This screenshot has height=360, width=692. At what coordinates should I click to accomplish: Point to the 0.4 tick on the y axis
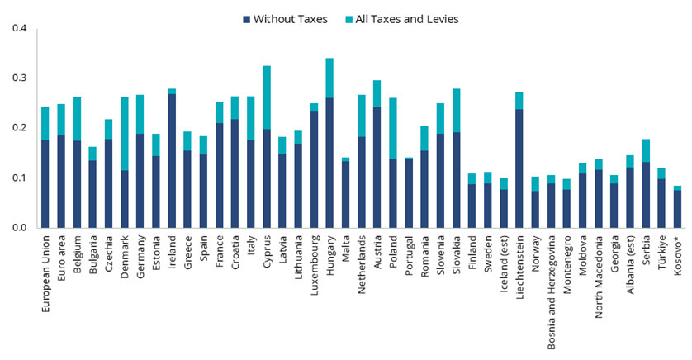(x=19, y=28)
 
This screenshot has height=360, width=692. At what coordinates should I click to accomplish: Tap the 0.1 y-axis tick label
(x=19, y=178)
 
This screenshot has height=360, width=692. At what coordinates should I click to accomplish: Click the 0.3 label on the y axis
(x=19, y=78)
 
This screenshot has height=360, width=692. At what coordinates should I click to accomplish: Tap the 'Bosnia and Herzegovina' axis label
(x=550, y=294)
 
